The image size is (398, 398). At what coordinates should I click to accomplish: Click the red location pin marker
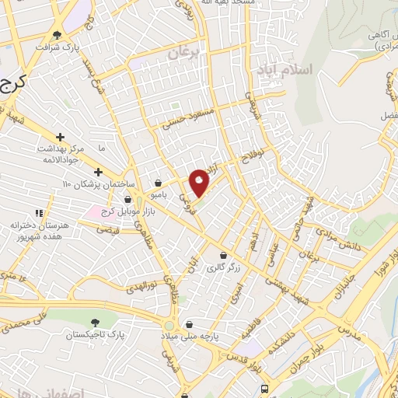[199, 181]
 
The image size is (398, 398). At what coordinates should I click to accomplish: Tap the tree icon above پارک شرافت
[58, 35]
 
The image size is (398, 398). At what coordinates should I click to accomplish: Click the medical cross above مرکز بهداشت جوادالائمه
[60, 137]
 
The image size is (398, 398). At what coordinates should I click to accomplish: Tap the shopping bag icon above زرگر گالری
[225, 255]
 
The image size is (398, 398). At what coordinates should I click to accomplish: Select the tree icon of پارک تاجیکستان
[95, 322]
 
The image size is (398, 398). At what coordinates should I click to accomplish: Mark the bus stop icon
[266, 388]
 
